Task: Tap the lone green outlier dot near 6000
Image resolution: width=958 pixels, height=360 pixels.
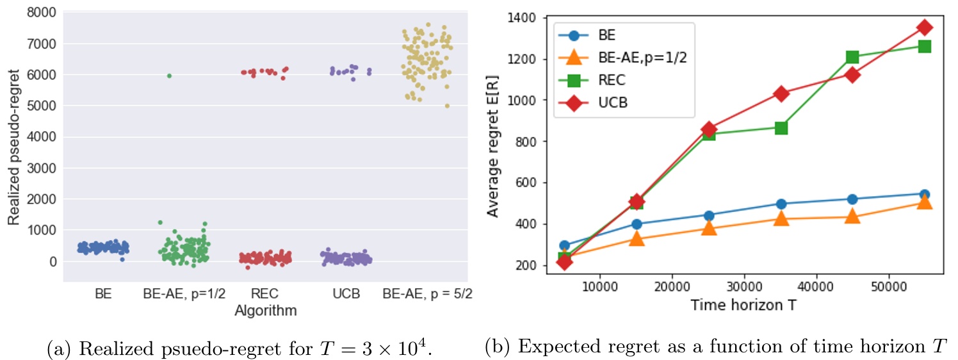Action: pos(169,76)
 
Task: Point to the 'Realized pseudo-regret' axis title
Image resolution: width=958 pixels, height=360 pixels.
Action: pos(13,146)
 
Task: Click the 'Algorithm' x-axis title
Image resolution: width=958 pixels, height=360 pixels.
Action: pos(265,311)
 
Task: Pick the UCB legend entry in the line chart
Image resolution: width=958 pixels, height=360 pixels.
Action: pos(614,103)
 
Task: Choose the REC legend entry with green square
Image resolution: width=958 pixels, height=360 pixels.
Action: pos(614,80)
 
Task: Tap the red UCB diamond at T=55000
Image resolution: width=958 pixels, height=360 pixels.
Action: pos(924,28)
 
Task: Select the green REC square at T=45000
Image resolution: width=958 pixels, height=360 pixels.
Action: pos(852,57)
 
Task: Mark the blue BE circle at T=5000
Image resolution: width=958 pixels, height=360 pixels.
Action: pos(564,245)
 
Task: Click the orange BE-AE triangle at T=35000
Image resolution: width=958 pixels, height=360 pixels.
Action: pos(780,218)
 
